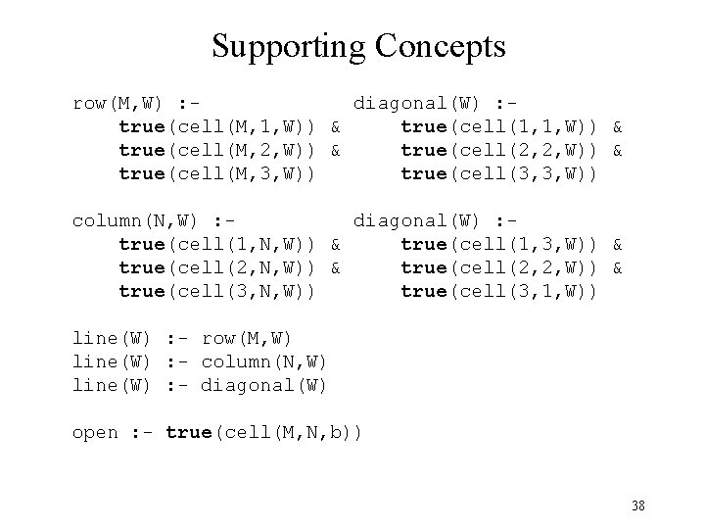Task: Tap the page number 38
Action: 637,505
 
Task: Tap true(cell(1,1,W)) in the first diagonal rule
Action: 498,126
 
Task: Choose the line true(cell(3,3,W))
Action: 498,173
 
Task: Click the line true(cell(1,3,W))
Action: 498,244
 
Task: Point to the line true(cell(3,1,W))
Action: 498,291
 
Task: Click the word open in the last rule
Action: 95,432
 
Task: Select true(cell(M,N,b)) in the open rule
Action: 263,432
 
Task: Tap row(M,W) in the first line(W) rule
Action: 247,338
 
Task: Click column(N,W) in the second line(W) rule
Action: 263,361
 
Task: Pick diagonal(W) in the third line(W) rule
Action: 263,385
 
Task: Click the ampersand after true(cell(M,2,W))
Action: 336,150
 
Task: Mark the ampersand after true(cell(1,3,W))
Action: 618,244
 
